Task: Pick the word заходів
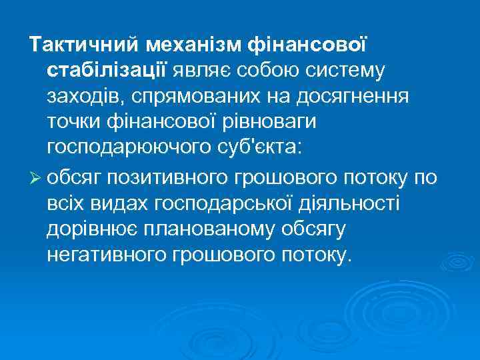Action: (x=82, y=97)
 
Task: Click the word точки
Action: (x=72, y=122)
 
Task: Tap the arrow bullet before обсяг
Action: (x=35, y=177)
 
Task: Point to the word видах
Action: (x=121, y=202)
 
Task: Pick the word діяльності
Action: (x=350, y=202)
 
